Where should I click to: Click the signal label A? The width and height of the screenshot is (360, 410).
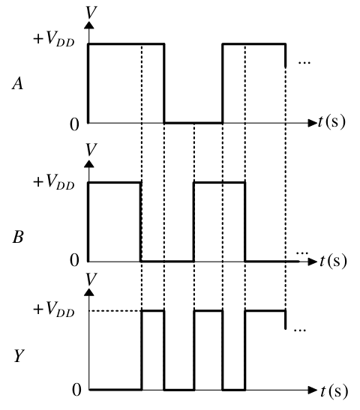(x=17, y=84)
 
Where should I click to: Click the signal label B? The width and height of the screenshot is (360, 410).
(x=18, y=237)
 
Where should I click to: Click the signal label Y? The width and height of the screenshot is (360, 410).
(x=19, y=356)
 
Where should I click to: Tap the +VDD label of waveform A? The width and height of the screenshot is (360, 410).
(x=54, y=39)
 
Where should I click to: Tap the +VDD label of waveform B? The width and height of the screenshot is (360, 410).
(x=54, y=181)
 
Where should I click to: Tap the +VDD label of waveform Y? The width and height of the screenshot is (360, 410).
(x=54, y=309)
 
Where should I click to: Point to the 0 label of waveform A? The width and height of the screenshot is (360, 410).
(x=74, y=124)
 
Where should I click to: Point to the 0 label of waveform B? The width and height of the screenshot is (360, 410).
(x=74, y=260)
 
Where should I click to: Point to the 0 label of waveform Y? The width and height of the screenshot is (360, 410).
(x=76, y=390)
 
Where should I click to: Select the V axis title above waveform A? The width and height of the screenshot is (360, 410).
(x=91, y=12)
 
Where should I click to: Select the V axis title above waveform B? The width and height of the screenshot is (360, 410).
(x=91, y=150)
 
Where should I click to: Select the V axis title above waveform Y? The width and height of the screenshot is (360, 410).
(x=91, y=279)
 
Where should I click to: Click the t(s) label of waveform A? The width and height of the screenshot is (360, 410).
(x=331, y=122)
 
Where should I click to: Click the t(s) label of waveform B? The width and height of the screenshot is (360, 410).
(x=333, y=261)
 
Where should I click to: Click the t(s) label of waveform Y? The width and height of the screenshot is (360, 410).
(x=334, y=391)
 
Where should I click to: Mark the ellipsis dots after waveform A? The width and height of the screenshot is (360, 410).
(x=304, y=63)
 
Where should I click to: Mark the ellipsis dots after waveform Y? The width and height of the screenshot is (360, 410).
(x=300, y=331)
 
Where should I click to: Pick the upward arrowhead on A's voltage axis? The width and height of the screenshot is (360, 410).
(x=89, y=25)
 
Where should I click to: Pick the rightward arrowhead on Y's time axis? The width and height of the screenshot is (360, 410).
(x=313, y=390)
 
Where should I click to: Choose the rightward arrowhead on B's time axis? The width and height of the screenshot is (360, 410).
(x=313, y=262)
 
